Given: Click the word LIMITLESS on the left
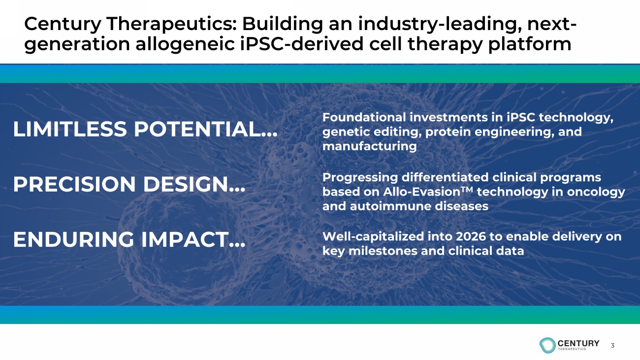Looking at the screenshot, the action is [70, 129].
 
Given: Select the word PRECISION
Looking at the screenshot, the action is [74, 184].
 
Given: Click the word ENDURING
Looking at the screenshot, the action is [74, 239].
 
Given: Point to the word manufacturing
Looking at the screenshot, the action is [369, 146].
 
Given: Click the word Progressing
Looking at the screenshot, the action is [360, 178].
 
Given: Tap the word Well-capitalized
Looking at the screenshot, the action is [373, 237].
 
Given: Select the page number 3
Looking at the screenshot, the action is [612, 345].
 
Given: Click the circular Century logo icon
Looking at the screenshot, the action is [547, 345].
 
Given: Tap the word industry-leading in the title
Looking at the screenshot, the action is [440, 24].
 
